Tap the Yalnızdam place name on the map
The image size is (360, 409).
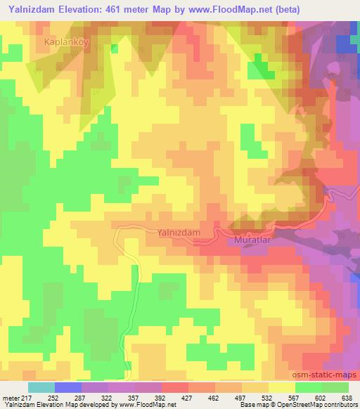point(174,231)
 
